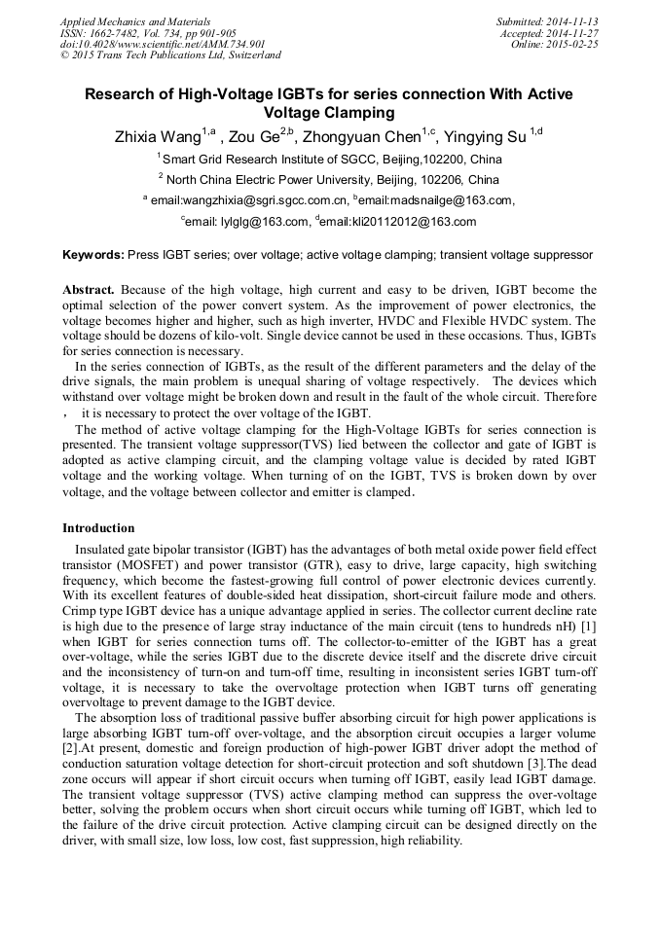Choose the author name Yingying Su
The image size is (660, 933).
pyautogui.click(x=486, y=136)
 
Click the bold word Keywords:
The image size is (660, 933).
pyautogui.click(x=93, y=255)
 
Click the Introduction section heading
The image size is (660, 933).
pyautogui.click(x=98, y=528)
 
